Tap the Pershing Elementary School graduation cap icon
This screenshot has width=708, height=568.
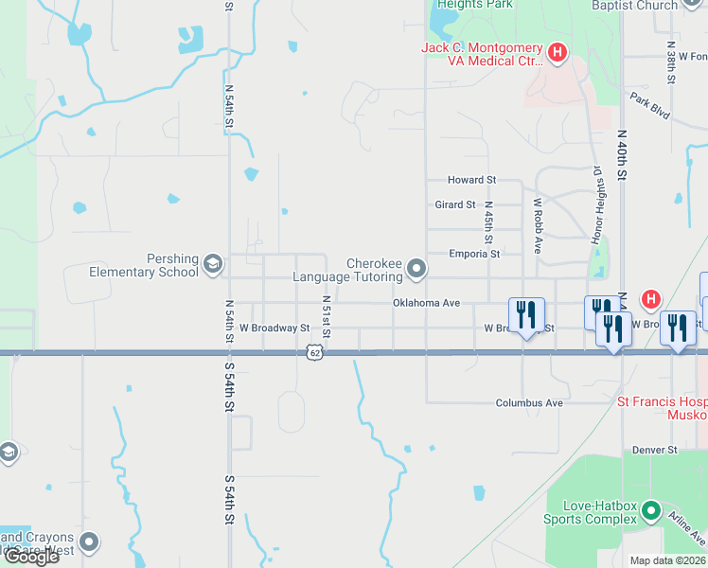tap(214, 264)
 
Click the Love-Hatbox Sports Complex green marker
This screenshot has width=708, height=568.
tap(650, 512)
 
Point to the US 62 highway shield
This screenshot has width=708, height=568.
tap(313, 353)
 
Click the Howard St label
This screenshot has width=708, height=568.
tap(471, 180)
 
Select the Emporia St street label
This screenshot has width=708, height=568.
tap(475, 254)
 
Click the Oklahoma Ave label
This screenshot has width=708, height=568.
tap(426, 303)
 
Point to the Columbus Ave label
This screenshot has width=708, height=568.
tap(529, 402)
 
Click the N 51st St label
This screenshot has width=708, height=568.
tap(326, 316)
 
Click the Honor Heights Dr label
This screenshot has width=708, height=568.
tap(597, 205)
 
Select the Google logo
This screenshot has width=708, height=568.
tap(30, 557)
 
